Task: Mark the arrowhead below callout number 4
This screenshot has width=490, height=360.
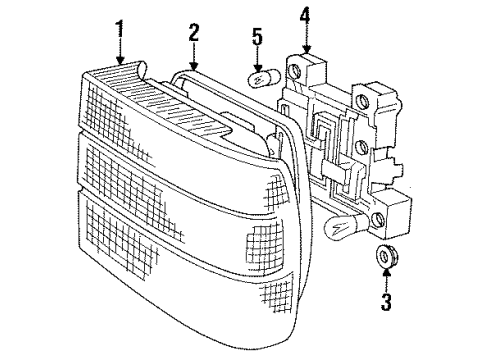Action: click(x=305, y=50)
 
